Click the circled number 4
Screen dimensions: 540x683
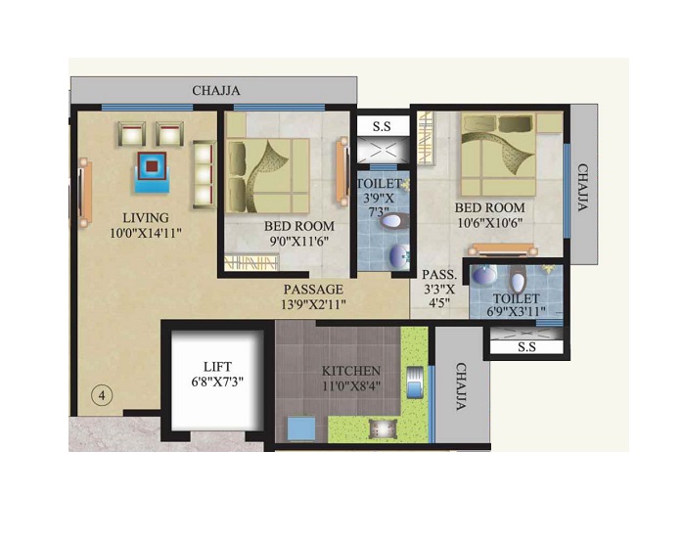(102, 395)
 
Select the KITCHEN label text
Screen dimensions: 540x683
(351, 372)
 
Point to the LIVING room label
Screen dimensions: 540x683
(145, 217)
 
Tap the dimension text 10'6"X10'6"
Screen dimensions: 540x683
(489, 223)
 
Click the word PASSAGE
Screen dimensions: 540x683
(313, 290)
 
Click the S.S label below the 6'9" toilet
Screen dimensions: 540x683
(525, 345)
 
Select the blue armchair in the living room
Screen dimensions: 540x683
(152, 167)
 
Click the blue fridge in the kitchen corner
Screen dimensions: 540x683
(300, 428)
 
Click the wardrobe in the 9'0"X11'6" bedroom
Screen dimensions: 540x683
(250, 262)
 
